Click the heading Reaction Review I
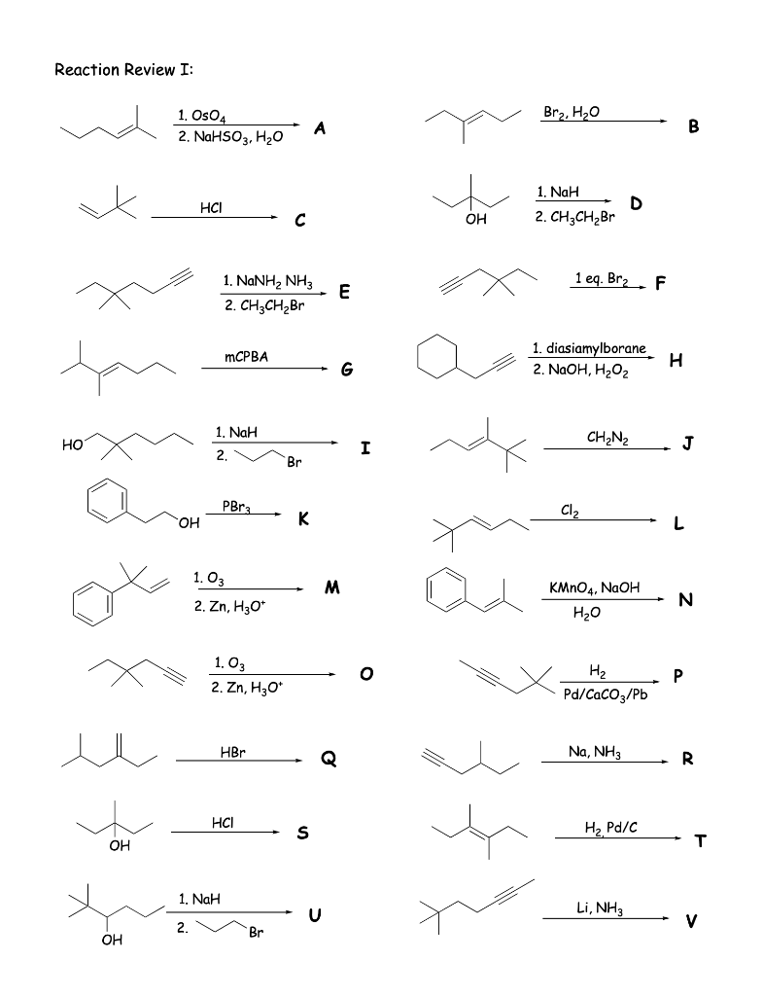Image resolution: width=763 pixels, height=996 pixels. pos(129,70)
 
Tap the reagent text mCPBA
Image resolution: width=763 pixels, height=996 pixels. pos(246,357)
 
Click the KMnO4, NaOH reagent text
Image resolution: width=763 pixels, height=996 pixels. pos(593,588)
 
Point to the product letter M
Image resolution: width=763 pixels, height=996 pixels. pos(332,587)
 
